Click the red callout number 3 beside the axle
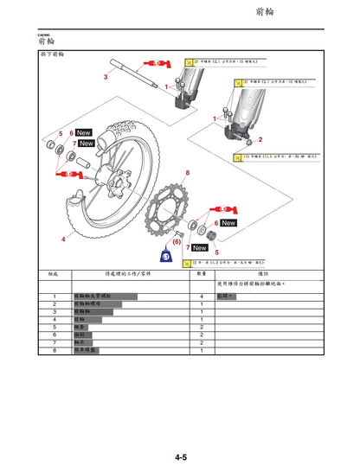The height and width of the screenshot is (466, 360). click(x=106, y=77)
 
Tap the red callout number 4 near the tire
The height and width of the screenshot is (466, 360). click(x=61, y=237)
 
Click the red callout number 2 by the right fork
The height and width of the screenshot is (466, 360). click(x=260, y=138)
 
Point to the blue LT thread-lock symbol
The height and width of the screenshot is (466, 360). click(x=165, y=255)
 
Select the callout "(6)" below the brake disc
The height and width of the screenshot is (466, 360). click(x=176, y=241)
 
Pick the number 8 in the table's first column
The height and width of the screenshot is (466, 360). click(x=54, y=351)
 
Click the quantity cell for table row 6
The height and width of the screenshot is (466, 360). click(x=201, y=335)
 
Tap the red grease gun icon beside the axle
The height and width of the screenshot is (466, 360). click(x=158, y=62)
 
